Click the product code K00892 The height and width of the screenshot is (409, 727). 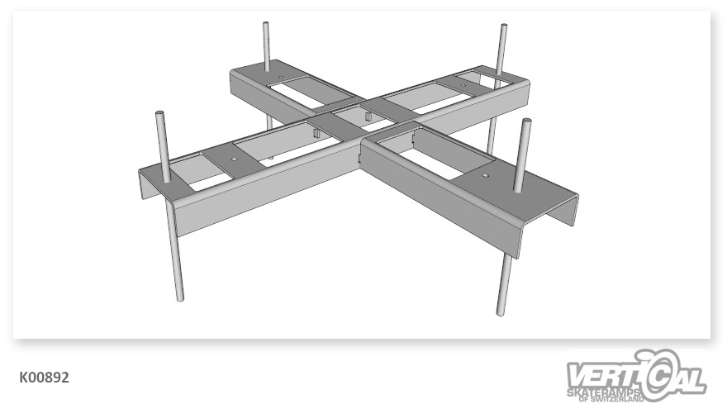pyautogui.click(x=44, y=378)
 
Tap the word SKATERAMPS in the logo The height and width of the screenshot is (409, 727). pyautogui.click(x=604, y=393)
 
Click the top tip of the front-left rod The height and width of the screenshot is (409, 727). pyautogui.click(x=160, y=113)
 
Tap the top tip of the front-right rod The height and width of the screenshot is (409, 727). pyautogui.click(x=526, y=121)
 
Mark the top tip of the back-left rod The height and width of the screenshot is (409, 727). pyautogui.click(x=266, y=24)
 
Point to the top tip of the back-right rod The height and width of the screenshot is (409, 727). pyautogui.click(x=503, y=26)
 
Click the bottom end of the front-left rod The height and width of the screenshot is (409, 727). pyautogui.click(x=180, y=298)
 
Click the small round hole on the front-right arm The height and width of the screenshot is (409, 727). pyautogui.click(x=485, y=176)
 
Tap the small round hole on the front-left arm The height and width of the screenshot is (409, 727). pyautogui.click(x=234, y=159)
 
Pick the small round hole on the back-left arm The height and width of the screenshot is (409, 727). pyautogui.click(x=281, y=77)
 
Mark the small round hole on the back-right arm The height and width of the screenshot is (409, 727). pyautogui.click(x=463, y=85)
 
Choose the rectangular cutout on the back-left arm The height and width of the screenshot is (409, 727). pyautogui.click(x=311, y=93)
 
